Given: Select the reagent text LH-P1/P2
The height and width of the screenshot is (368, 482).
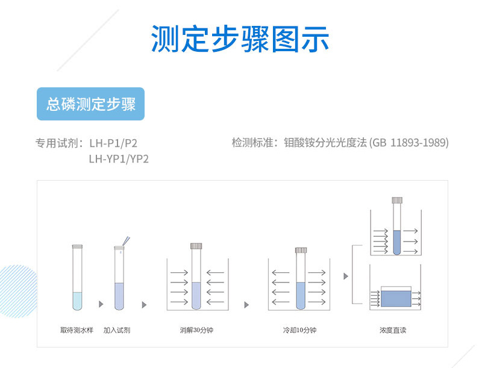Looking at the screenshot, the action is coord(117,143).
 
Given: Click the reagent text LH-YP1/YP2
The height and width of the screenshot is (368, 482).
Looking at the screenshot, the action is coord(119,159).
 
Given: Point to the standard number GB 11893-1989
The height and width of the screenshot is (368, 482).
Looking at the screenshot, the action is coord(410,143).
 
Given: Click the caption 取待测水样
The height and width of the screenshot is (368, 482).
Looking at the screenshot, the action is coord(77,330).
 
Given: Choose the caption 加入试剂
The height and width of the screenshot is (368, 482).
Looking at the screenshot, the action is coord(116,330).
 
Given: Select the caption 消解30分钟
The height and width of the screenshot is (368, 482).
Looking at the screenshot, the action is coord(196,330).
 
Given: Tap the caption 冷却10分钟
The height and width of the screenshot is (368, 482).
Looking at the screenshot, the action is coord(299,330).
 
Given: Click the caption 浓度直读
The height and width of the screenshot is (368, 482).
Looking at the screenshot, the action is coord(393,330).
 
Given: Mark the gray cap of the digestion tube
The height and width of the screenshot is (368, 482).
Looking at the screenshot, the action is coord(196,246).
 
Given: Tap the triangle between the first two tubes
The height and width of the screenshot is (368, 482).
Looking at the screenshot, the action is coord(101,304).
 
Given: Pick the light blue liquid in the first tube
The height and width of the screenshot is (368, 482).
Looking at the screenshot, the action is coord(77,300).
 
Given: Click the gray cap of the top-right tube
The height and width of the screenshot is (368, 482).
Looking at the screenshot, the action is coord(396,200).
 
